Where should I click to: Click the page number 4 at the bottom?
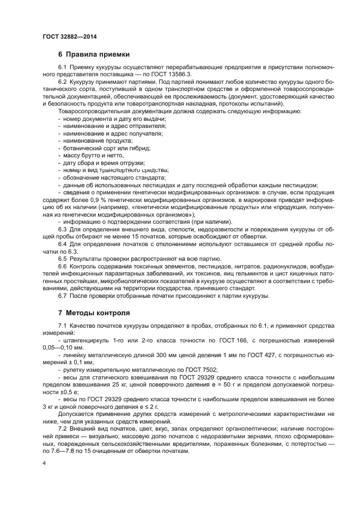tap(44, 462)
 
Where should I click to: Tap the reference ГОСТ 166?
tap(245, 340)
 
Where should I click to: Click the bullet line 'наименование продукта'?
tap(91, 140)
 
